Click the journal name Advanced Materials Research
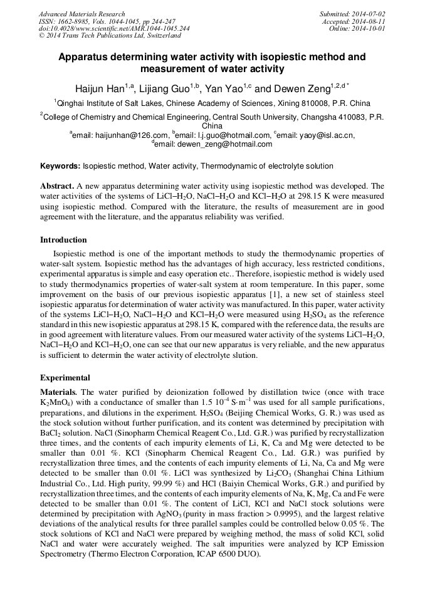pos(81,14)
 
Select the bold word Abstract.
pos(57,186)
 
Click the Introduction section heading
pos(63,239)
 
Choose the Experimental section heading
pos(65,378)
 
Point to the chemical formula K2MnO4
pos(54,401)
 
